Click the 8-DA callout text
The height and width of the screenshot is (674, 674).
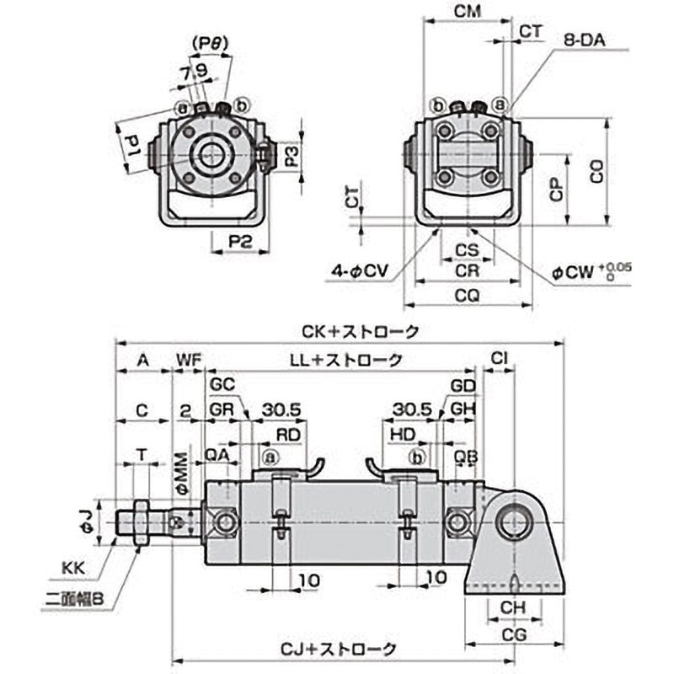591,39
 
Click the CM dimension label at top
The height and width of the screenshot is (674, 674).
467,12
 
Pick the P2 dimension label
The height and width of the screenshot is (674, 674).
241,241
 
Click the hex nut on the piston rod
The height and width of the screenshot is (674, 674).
140,522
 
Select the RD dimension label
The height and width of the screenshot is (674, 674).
289,434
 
